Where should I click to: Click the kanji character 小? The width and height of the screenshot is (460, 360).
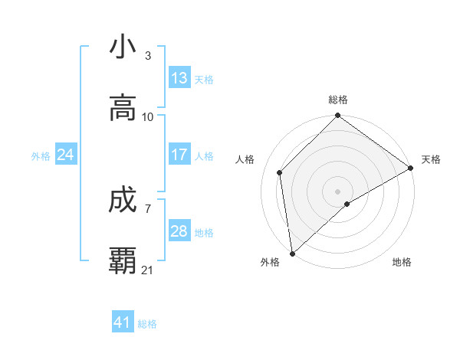point(123,47)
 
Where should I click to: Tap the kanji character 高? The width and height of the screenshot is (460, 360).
point(123,108)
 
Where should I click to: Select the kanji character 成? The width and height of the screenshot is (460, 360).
point(123,201)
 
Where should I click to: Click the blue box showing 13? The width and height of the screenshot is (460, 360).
point(179,78)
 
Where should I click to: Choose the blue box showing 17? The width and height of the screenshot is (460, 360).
point(179,155)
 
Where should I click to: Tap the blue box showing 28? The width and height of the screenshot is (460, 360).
point(179,231)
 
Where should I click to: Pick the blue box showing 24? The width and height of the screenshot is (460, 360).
point(66,155)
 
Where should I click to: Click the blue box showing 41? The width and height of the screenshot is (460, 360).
point(123,322)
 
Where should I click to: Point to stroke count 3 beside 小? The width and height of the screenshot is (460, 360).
point(148,56)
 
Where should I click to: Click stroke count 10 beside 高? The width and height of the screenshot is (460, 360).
point(148,117)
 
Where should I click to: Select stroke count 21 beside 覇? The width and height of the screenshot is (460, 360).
point(148,270)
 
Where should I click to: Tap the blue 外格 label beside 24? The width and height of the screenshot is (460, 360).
point(41,155)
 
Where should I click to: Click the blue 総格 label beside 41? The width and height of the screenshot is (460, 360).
point(147,324)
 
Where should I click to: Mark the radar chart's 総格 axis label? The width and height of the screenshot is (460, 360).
point(338,100)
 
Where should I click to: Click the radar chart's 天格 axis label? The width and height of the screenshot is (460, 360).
point(431,159)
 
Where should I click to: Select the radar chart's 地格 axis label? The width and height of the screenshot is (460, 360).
point(402,262)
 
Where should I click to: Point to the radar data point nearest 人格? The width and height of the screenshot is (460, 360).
point(280,172)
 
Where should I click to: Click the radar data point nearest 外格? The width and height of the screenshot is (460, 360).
point(292,253)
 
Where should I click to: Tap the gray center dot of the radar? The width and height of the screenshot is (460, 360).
point(338,191)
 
